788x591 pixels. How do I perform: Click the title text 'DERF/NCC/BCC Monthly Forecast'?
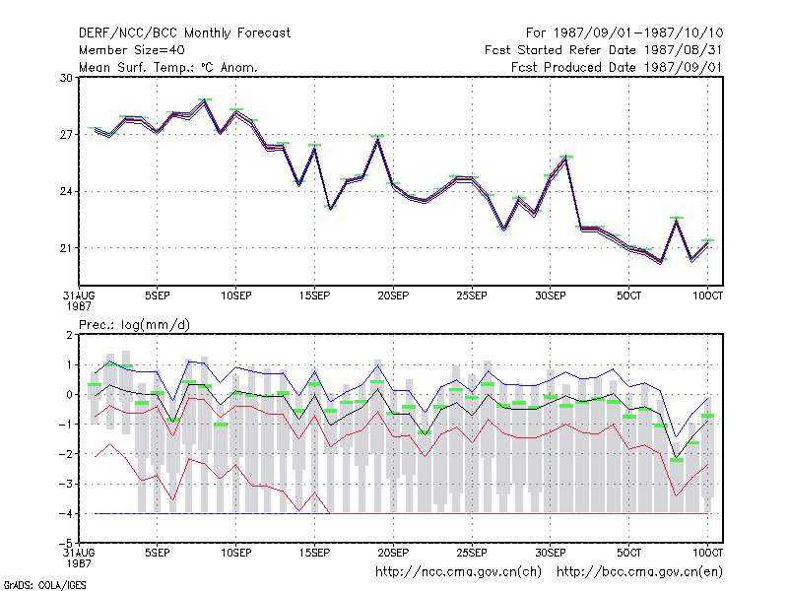coord(184,33)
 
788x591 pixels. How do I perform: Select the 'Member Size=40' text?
coord(132,50)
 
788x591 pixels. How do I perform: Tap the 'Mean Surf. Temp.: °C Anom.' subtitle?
coord(167,67)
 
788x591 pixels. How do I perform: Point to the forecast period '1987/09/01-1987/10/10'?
coord(638,33)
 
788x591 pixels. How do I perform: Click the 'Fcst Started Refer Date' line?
coord(603,50)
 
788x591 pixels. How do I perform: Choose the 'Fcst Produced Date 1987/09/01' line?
coord(617,67)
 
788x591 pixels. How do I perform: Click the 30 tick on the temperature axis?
coord(66,78)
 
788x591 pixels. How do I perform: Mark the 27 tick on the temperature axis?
coord(66,135)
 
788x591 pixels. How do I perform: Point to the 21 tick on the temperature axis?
coord(66,248)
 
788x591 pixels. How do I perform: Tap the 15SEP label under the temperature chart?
coord(314,295)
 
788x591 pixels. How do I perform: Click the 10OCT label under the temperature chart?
coord(707,295)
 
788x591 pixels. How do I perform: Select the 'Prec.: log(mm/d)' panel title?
coord(134,325)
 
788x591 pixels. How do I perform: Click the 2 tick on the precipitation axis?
coord(69,335)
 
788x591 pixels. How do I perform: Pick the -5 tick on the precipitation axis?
coord(66,544)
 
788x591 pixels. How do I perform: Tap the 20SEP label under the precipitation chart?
coord(393,553)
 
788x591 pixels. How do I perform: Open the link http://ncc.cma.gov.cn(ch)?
coord(458,572)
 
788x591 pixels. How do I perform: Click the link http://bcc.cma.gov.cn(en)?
coord(639,572)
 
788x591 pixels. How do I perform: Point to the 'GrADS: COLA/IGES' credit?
coord(44,585)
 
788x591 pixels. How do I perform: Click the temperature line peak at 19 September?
coord(378,138)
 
